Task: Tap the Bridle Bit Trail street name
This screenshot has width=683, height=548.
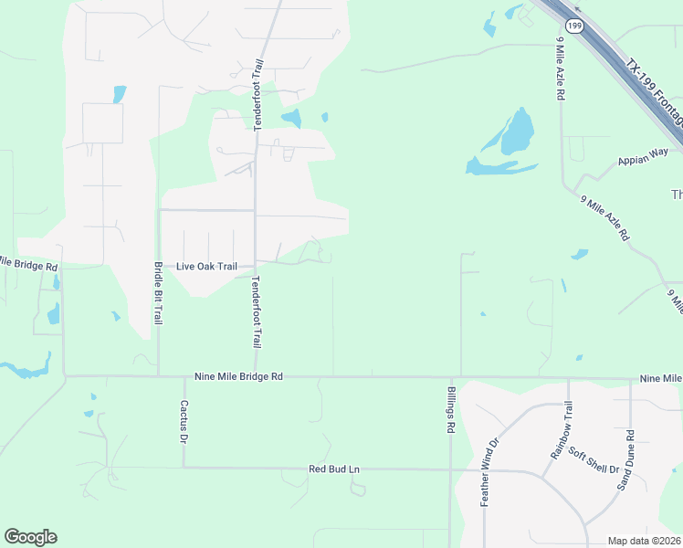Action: (x=158, y=293)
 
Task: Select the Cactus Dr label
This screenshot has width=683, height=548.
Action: (x=184, y=421)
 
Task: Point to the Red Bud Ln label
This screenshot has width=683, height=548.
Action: (x=334, y=469)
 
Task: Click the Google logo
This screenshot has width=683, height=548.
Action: (x=30, y=537)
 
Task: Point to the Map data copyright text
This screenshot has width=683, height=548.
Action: (x=644, y=541)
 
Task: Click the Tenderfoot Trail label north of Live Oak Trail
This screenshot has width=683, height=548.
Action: (x=258, y=95)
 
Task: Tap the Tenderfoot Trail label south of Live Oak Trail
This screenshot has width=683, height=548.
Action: (x=257, y=311)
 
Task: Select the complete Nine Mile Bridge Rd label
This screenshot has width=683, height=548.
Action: (x=239, y=375)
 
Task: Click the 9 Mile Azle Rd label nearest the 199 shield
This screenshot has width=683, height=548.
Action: (x=560, y=68)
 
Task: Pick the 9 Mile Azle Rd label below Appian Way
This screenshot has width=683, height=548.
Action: (x=605, y=218)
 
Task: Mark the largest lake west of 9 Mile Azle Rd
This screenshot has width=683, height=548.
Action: (x=517, y=133)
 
